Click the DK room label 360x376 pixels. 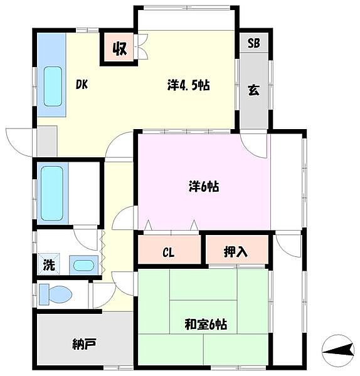tap(82, 85)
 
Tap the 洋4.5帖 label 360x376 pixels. tap(189, 85)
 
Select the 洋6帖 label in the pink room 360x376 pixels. tap(204, 187)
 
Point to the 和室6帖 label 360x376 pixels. tap(206, 324)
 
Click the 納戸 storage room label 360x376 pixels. tap(84, 344)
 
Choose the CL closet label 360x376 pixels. tap(168, 253)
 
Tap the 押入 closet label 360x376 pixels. tap(235, 252)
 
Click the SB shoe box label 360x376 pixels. tap(253, 43)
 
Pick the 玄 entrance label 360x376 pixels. tap(253, 90)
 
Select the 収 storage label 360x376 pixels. tap(120, 49)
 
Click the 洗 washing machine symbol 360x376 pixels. tap(49, 264)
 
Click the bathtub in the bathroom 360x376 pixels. tap(52, 193)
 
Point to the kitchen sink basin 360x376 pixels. tap(53, 86)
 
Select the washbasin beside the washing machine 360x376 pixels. tap(83, 266)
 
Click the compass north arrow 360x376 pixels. tap(338, 350)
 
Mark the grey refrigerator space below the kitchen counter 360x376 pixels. tap(47, 141)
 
